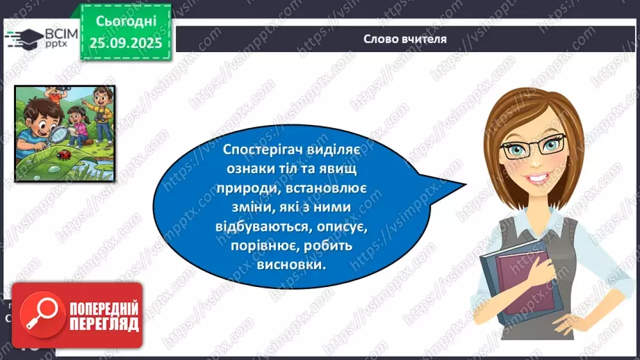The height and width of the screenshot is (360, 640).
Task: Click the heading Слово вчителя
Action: (x=405, y=39)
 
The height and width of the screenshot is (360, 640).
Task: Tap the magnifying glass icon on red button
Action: (x=38, y=316)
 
